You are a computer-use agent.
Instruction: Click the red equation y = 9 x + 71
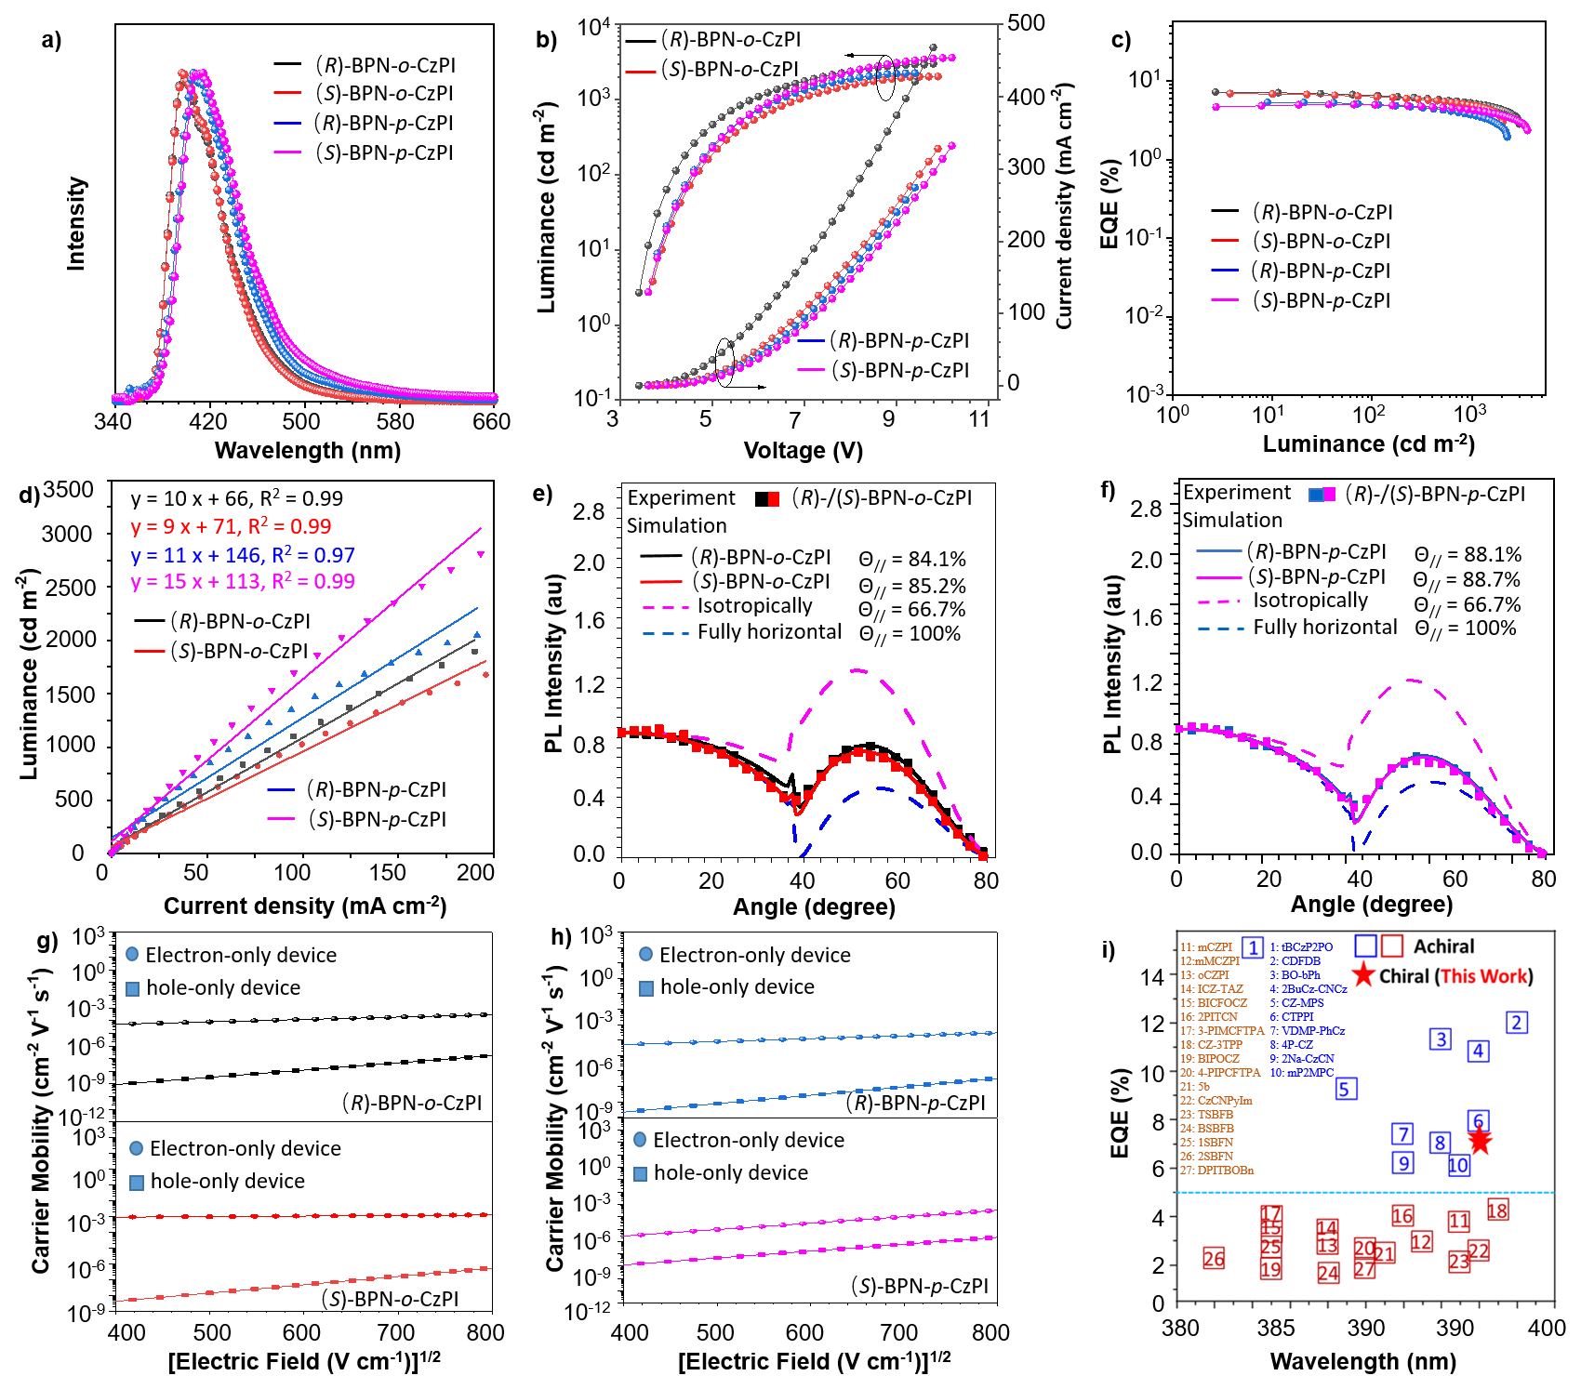(x=231, y=526)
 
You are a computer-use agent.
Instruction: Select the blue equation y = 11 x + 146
(x=243, y=556)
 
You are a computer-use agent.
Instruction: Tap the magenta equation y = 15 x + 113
(x=243, y=582)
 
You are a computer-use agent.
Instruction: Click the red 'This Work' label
(x=1483, y=976)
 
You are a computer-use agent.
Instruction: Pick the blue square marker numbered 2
(x=1516, y=1023)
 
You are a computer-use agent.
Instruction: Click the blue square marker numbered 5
(x=1346, y=1089)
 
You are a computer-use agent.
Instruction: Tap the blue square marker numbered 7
(x=1402, y=1133)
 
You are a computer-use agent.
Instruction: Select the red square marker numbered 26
(x=1214, y=1258)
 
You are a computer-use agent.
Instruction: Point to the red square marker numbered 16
(x=1402, y=1214)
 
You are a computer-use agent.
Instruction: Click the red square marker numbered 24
(x=1328, y=1273)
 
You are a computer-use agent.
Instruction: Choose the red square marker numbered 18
(x=1496, y=1209)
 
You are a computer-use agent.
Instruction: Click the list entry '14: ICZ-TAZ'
(x=1212, y=989)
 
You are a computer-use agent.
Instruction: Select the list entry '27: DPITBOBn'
(x=1217, y=1171)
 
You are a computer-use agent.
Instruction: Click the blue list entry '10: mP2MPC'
(x=1301, y=1073)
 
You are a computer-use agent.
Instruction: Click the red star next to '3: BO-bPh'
(x=1363, y=974)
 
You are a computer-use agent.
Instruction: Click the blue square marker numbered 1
(x=1253, y=947)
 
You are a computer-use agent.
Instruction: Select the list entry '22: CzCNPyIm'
(x=1216, y=1101)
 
